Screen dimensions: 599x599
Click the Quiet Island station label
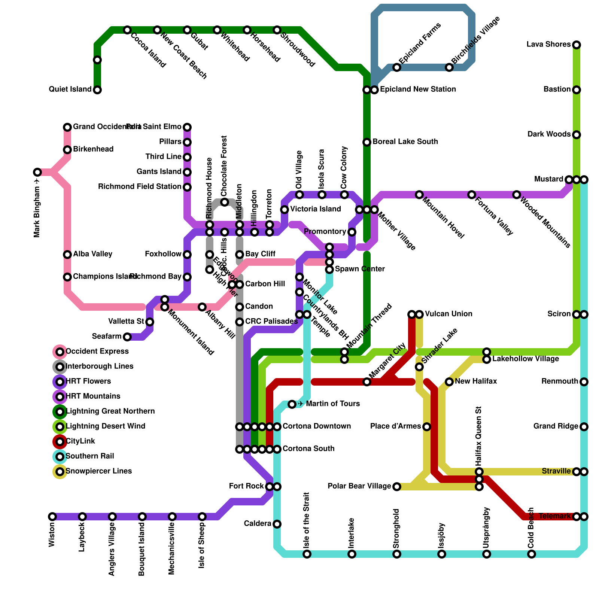click(x=70, y=89)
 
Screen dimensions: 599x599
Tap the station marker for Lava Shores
click(x=577, y=45)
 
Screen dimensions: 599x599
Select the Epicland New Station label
click(x=418, y=89)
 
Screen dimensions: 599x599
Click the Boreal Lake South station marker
click(x=367, y=142)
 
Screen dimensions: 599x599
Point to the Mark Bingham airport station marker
click(x=37, y=172)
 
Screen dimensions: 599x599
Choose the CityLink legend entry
click(x=80, y=441)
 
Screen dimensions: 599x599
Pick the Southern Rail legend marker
click(x=60, y=457)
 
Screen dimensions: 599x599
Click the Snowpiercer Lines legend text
click(x=98, y=471)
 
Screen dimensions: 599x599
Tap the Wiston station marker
click(x=52, y=517)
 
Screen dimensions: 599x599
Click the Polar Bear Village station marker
click(x=397, y=487)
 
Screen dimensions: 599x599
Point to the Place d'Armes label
click(x=396, y=426)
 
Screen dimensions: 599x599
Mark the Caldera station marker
click(x=277, y=524)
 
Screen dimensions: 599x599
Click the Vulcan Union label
click(x=449, y=314)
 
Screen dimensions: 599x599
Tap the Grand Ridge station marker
click(x=584, y=427)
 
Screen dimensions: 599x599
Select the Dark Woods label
click(x=549, y=134)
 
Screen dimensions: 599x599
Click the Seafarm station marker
click(x=127, y=337)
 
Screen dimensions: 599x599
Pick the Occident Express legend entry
click(x=97, y=352)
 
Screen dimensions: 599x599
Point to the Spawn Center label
click(x=360, y=269)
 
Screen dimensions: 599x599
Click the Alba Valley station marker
click(x=67, y=255)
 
